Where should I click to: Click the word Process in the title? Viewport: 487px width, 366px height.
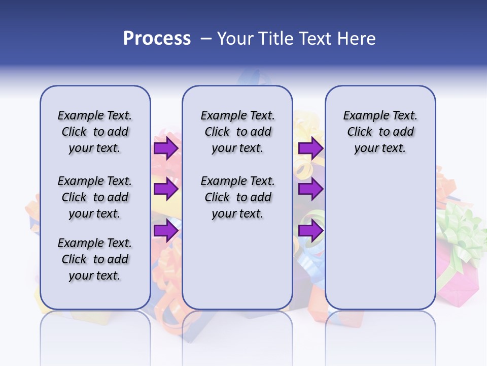click(157, 39)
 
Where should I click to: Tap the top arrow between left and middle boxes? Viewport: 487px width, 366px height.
click(165, 148)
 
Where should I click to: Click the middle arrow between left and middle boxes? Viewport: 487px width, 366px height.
click(165, 189)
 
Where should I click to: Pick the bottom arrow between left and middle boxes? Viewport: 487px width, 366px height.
click(165, 230)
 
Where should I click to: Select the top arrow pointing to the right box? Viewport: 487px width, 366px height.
click(310, 148)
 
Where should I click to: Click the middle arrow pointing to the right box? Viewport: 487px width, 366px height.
click(310, 189)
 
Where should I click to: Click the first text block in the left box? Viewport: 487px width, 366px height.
click(95, 132)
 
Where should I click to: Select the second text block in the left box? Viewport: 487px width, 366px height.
click(95, 197)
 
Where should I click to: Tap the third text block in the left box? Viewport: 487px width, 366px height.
click(95, 259)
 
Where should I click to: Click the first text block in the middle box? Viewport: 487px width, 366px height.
click(237, 132)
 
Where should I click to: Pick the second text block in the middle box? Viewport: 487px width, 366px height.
click(237, 197)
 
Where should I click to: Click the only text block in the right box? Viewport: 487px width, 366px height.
click(380, 132)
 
